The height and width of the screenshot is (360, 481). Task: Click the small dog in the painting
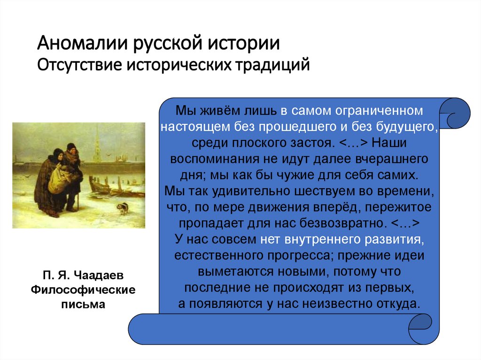pos(123,207)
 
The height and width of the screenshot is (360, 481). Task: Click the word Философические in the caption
pos(83,290)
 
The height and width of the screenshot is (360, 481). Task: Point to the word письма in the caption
pos(83,304)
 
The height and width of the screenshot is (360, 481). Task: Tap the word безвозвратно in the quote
pos(341,223)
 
